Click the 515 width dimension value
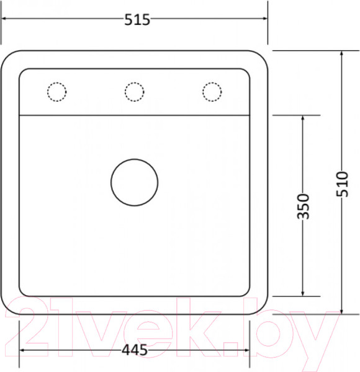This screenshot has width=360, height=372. (137, 19)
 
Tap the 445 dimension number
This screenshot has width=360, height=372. (135, 350)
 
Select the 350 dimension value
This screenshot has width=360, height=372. (304, 206)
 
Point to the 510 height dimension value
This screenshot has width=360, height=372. (342, 184)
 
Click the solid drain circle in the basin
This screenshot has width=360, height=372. (135, 159)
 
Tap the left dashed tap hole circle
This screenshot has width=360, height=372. (56, 83)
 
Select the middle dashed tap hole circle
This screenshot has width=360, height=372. (135, 83)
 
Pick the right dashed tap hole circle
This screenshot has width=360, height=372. (212, 83)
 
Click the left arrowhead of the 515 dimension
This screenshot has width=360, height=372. (3, 18)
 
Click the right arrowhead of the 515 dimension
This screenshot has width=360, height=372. (265, 18)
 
